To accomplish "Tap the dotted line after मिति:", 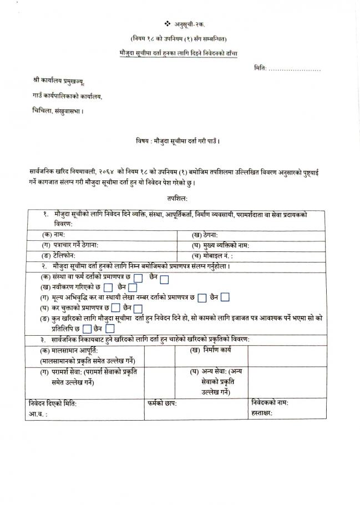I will (294, 69).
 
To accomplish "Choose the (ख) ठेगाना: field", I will (266, 235).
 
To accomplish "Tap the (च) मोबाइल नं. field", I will (266, 256).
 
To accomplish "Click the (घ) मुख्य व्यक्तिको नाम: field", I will (266, 245).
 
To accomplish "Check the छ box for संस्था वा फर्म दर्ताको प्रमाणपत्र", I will (139, 277).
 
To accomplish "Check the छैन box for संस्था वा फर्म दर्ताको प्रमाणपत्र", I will (164, 277).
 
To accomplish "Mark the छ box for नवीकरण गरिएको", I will (108, 287).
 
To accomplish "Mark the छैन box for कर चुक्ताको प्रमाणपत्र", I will (138, 309).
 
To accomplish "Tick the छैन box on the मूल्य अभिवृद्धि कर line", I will (225, 297).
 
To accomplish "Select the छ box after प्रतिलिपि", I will (87, 329).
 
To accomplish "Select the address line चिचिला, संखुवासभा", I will (58, 111).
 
